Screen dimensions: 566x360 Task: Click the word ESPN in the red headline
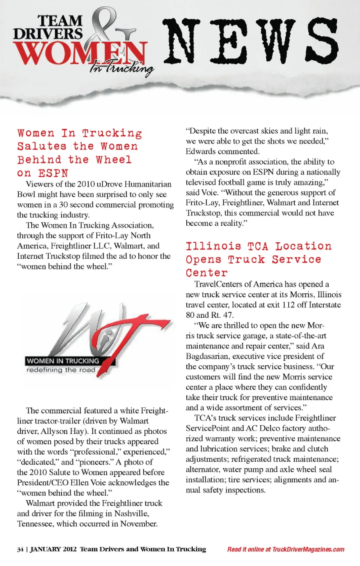tap(53, 173)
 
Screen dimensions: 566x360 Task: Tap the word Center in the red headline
tap(207, 273)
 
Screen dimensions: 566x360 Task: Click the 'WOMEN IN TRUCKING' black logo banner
tap(63, 361)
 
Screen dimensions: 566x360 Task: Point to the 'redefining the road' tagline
tap(61, 370)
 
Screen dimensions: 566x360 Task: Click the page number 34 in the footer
tap(20, 549)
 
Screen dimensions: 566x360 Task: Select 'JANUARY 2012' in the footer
tap(53, 549)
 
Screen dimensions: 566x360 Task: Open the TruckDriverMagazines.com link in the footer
tap(308, 549)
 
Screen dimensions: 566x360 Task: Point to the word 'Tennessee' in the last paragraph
tap(35, 524)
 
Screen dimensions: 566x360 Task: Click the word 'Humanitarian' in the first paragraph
tap(148, 184)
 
